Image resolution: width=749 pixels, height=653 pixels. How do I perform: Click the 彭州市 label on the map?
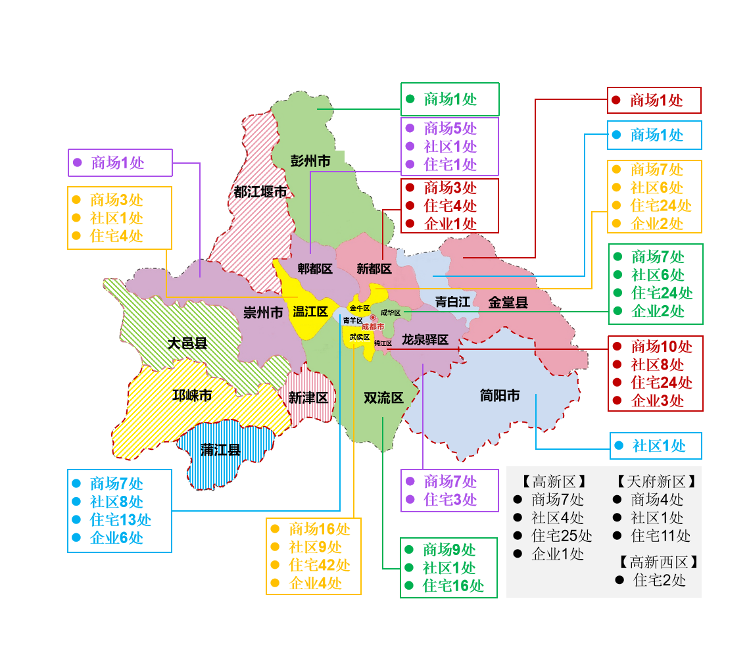[310, 160]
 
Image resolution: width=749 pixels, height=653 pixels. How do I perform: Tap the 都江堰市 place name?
[260, 192]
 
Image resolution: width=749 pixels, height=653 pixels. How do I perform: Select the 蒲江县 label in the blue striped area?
[220, 450]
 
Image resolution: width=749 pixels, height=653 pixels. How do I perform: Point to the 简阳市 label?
[500, 395]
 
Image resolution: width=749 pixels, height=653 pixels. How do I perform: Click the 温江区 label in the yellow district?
[310, 312]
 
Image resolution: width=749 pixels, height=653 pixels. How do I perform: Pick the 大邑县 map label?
[187, 343]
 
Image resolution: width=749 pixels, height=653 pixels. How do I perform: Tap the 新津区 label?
[308, 398]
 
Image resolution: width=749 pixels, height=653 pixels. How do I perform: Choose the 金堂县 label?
[508, 302]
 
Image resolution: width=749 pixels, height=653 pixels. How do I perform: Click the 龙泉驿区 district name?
[425, 340]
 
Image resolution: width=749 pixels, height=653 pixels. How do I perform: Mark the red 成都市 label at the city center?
[373, 326]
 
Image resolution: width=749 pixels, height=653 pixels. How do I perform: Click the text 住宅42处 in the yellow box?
[319, 565]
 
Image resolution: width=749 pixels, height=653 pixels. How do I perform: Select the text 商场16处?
[319, 529]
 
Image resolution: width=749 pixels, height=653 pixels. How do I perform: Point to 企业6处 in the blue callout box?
[116, 538]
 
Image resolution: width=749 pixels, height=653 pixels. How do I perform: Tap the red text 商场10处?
[662, 346]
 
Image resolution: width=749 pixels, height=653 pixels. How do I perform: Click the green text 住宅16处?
[453, 585]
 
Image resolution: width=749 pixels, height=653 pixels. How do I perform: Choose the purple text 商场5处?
[450, 128]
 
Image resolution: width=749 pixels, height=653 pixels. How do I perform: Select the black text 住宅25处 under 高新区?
[562, 535]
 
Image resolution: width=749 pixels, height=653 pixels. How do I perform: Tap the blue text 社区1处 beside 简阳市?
[659, 446]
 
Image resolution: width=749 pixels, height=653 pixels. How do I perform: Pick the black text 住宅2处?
[660, 580]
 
